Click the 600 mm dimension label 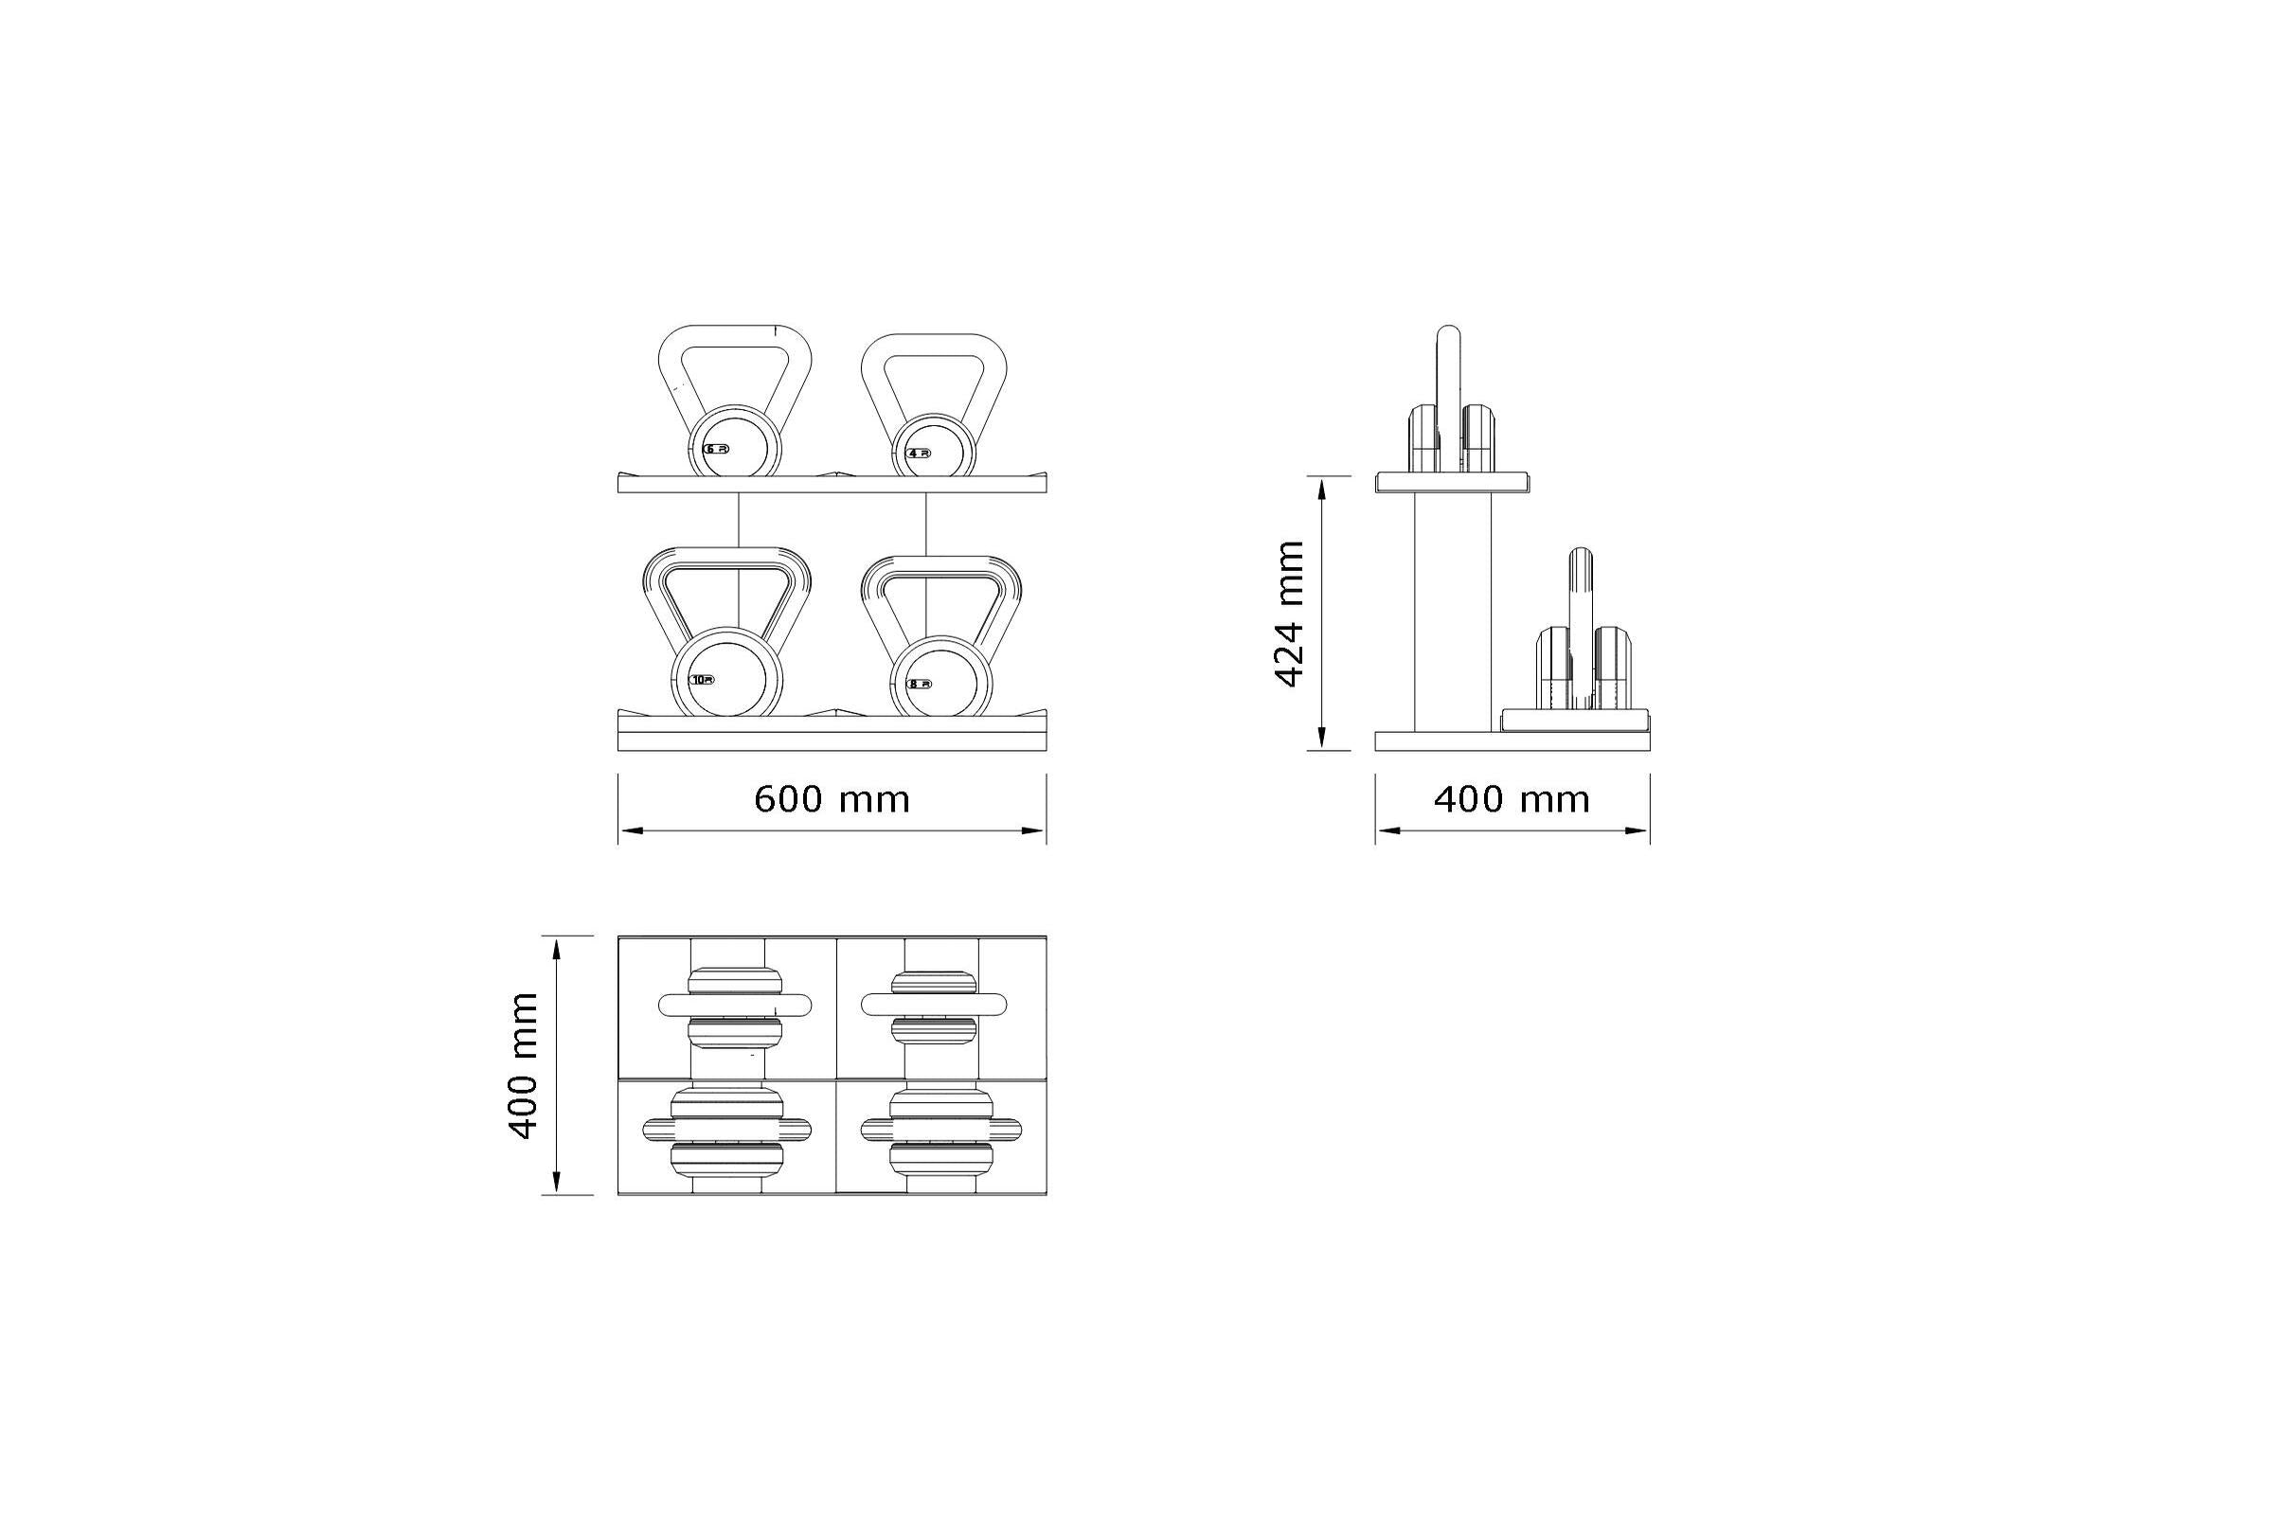click(832, 800)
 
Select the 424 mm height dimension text click(1291, 615)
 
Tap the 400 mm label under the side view click(1512, 800)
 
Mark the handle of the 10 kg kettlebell click(726, 561)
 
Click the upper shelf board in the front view click(832, 484)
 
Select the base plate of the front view click(832, 740)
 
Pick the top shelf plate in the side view click(1453, 482)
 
